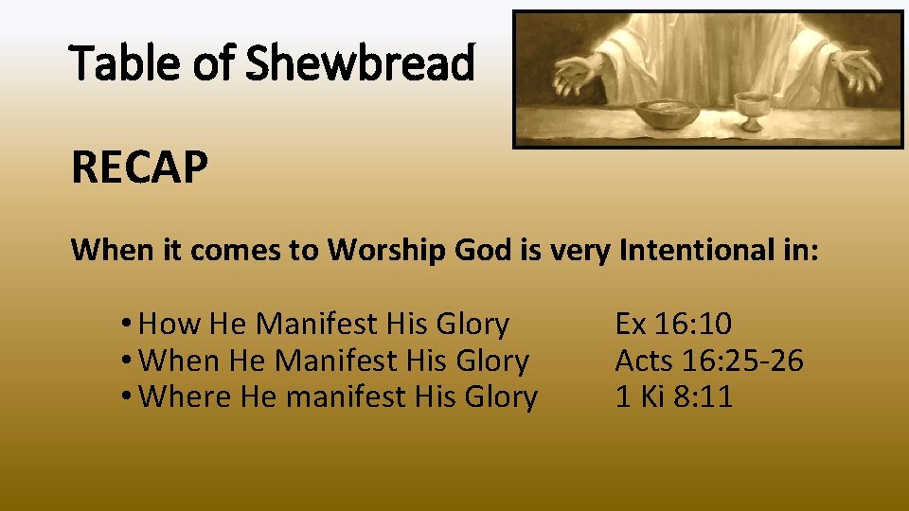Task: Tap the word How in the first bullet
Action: pyautogui.click(x=169, y=325)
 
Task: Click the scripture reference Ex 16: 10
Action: pyautogui.click(x=673, y=325)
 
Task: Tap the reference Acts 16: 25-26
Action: pyautogui.click(x=709, y=361)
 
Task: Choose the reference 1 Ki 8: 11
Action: pyautogui.click(x=673, y=396)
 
